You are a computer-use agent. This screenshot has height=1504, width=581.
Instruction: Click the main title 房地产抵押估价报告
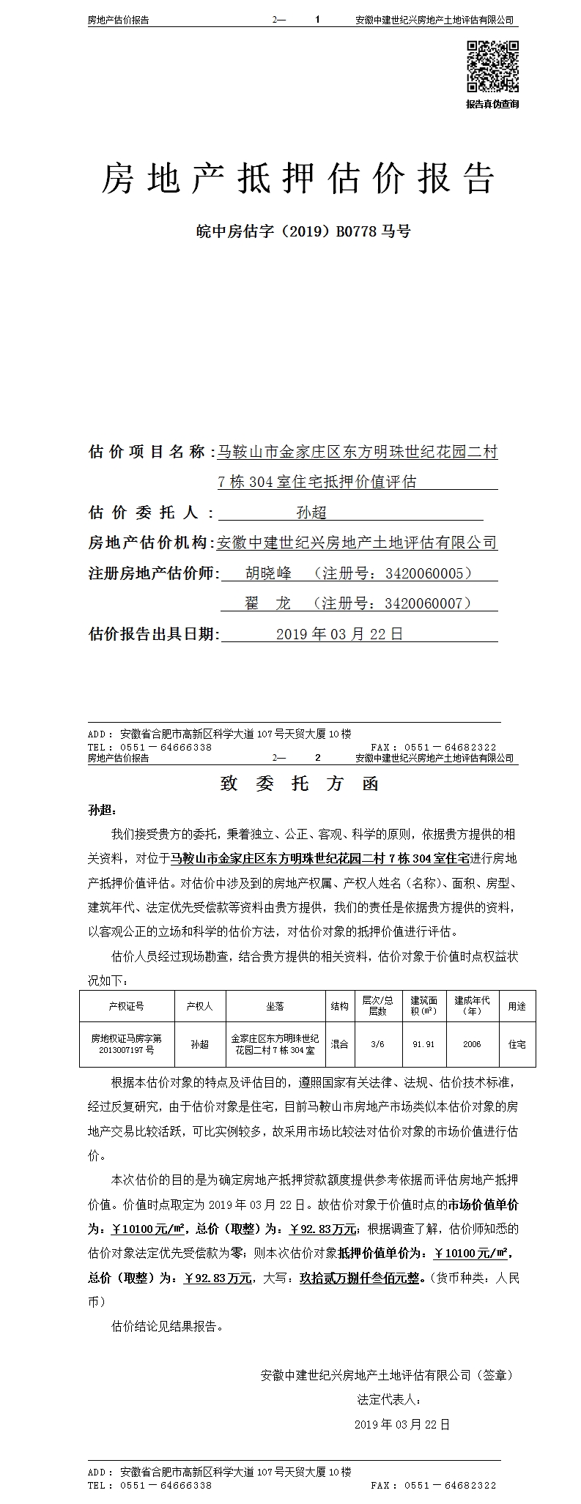coord(298,179)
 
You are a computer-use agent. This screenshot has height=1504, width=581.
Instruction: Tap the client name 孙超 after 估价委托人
coord(311,513)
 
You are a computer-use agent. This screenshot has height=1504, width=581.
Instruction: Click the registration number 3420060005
coord(429,573)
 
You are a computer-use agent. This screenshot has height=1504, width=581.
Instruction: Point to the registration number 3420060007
coord(429,603)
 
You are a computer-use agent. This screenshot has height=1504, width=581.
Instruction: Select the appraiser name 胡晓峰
coord(268,573)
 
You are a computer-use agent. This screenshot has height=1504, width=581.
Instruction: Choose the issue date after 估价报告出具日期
coord(339,634)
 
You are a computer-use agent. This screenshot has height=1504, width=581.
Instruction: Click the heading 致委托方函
coord(300,783)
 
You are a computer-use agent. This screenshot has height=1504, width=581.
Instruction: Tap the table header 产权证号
coord(127,1006)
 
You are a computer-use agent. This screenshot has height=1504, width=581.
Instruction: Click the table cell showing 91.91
coord(423,1044)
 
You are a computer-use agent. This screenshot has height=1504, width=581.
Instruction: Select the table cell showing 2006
coord(472,1044)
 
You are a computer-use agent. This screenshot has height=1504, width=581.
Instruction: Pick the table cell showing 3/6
coord(377,1044)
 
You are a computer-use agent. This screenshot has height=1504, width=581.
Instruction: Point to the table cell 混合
coord(339,1044)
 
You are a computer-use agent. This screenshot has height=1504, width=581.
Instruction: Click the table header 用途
coord(517,1006)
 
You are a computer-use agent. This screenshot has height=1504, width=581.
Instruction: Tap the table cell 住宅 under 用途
coord(517,1044)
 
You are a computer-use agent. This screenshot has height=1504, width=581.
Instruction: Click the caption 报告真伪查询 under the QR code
coord(492,104)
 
